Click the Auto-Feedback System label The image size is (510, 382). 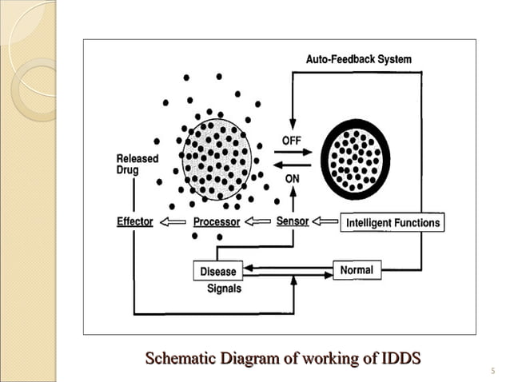coord(359,59)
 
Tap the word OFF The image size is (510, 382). coord(292,140)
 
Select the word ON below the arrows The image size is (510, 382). coord(293,179)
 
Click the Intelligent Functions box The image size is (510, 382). coord(392,223)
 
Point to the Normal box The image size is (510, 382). coord(357,270)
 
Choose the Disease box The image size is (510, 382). coord(218,272)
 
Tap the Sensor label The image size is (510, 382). coord(293,221)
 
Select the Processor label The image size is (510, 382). coord(216,222)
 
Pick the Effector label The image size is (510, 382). coord(135,221)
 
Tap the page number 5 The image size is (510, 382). coord(492,369)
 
